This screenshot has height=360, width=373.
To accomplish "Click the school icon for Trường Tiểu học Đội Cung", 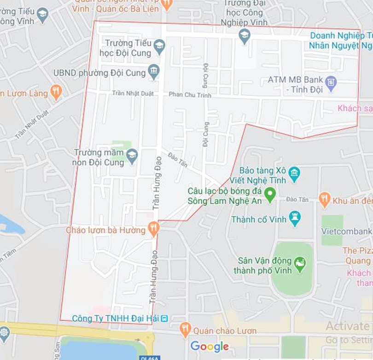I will click(x=159, y=45).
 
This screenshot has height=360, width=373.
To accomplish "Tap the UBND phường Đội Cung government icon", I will click(x=153, y=72).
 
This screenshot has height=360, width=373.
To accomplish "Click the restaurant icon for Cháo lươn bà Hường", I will click(x=153, y=228).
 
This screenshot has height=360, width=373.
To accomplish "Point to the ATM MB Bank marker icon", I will click(x=331, y=83).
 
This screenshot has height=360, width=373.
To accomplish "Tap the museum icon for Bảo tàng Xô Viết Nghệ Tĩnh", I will click(x=294, y=174).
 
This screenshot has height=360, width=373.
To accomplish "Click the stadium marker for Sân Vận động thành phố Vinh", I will click(x=300, y=264).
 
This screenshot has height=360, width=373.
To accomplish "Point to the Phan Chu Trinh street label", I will click(x=190, y=95).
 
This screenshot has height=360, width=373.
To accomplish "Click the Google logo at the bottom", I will click(x=210, y=346).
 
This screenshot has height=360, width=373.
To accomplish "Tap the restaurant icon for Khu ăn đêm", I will click(x=325, y=199).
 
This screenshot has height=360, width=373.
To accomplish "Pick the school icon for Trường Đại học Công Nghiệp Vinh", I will click(x=245, y=35).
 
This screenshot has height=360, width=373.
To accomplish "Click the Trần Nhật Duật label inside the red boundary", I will click(x=132, y=93).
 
